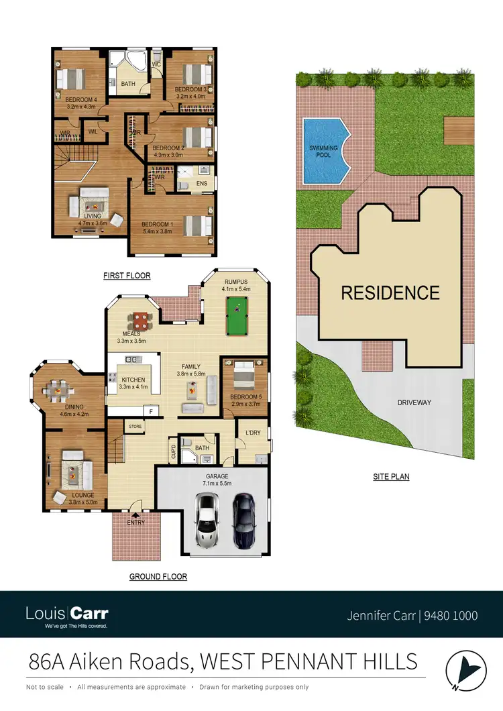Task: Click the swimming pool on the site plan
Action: pyautogui.click(x=325, y=151)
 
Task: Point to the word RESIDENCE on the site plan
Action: pyautogui.click(x=390, y=293)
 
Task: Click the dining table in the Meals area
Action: pyautogui.click(x=141, y=320)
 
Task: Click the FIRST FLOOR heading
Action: pyautogui.click(x=127, y=276)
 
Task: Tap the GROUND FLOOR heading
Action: pyautogui.click(x=158, y=576)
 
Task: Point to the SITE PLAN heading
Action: pyautogui.click(x=391, y=477)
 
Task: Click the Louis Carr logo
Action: pyautogui.click(x=66, y=614)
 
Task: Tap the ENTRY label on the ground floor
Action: pyautogui.click(x=136, y=523)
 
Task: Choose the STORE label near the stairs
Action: pyautogui.click(x=136, y=426)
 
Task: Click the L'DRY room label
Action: pyautogui.click(x=253, y=433)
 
